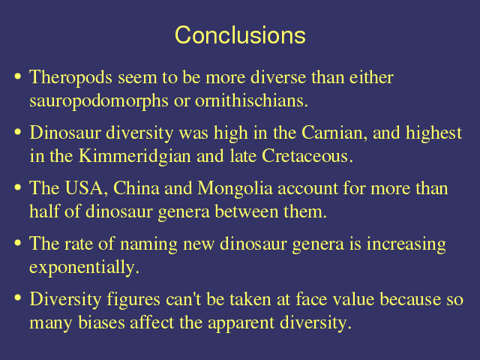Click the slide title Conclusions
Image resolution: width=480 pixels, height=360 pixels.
pyautogui.click(x=240, y=35)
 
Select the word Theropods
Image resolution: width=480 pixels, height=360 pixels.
pyautogui.click(x=70, y=78)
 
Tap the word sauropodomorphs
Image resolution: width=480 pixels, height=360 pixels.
pyautogui.click(x=99, y=101)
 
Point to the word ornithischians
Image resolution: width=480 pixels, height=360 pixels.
pyautogui.click(x=251, y=100)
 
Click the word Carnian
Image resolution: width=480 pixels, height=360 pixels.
pyautogui.click(x=334, y=133)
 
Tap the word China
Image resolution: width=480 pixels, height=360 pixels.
pyautogui.click(x=136, y=188)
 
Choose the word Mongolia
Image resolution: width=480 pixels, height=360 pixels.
pyautogui.click(x=235, y=189)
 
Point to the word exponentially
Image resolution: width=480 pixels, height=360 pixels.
pyautogui.click(x=84, y=268)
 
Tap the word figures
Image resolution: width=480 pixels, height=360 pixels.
pyautogui.click(x=133, y=300)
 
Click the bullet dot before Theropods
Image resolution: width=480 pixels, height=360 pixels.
pyautogui.click(x=18, y=76)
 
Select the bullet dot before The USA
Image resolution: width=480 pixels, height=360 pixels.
pyautogui.click(x=18, y=187)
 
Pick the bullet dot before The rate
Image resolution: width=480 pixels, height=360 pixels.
pyautogui.click(x=18, y=243)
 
